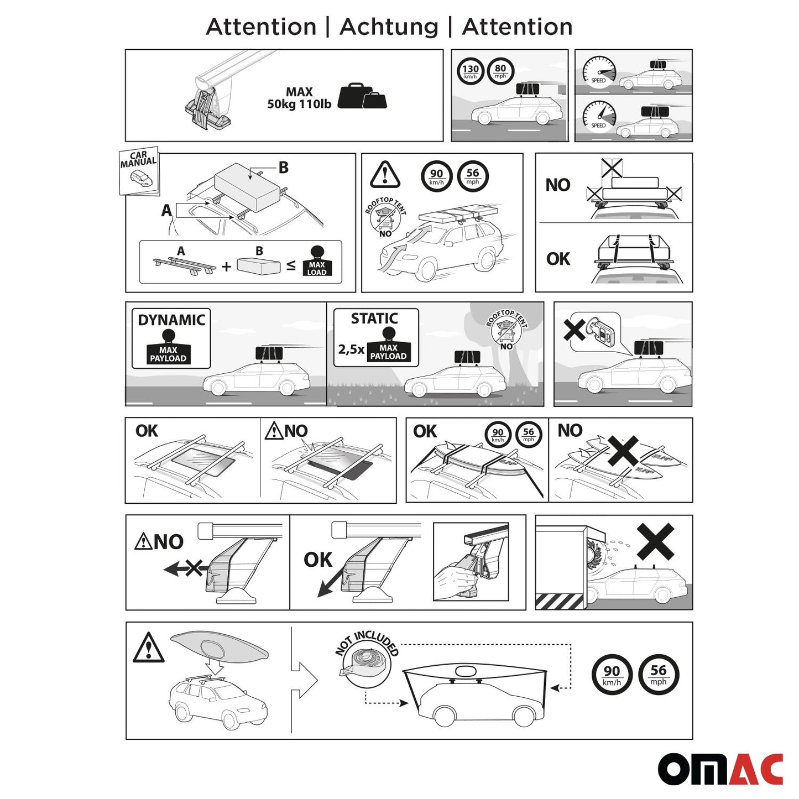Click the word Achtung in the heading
[389, 27]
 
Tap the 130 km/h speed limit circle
[471, 71]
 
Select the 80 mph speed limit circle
[500, 71]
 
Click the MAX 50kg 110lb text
[299, 98]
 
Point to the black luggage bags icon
[362, 96]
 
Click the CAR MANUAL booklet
[139, 170]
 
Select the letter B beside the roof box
[283, 168]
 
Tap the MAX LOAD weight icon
[317, 262]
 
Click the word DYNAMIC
[171, 320]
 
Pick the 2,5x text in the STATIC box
[351, 349]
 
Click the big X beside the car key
[574, 330]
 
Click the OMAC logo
[720, 769]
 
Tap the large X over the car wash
[655, 541]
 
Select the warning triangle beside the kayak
[148, 648]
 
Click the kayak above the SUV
[220, 646]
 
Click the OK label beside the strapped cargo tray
[558, 259]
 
